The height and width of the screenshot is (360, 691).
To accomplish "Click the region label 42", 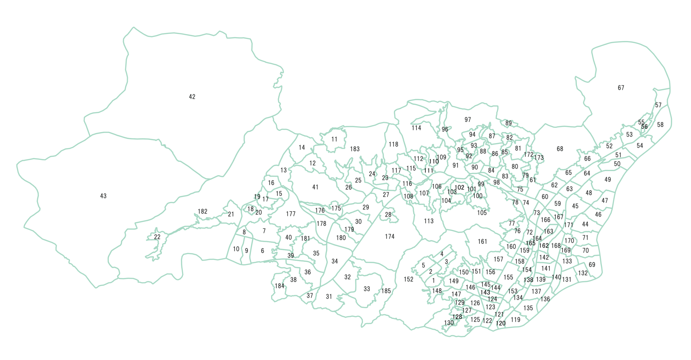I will click(192, 97).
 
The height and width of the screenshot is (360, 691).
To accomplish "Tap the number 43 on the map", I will click(103, 196).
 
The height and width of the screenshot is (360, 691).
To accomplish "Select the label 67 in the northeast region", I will click(621, 88).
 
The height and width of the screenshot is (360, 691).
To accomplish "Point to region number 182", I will click(202, 211).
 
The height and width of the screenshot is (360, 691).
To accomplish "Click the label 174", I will click(389, 237).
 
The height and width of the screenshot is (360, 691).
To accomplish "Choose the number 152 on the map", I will click(408, 279).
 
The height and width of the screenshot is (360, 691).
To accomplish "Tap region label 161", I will click(482, 242).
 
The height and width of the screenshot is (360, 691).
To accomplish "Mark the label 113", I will click(429, 221).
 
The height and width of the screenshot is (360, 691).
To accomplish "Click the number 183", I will click(355, 149).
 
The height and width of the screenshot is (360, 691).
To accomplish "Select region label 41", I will click(315, 187).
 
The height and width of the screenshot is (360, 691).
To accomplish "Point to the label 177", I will click(291, 214).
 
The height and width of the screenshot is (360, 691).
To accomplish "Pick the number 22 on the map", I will click(157, 237).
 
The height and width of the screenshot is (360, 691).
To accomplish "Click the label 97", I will click(468, 120).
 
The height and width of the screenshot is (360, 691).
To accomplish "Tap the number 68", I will click(560, 149).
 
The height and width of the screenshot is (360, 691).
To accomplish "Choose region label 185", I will click(386, 291).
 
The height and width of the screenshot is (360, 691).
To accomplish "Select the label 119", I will click(515, 320).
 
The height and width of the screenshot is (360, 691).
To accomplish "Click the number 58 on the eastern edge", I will click(660, 125).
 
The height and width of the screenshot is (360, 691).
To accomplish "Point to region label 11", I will click(334, 139).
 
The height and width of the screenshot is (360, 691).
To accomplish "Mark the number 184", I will click(279, 286).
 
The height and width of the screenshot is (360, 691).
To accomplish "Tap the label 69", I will click(592, 265).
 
